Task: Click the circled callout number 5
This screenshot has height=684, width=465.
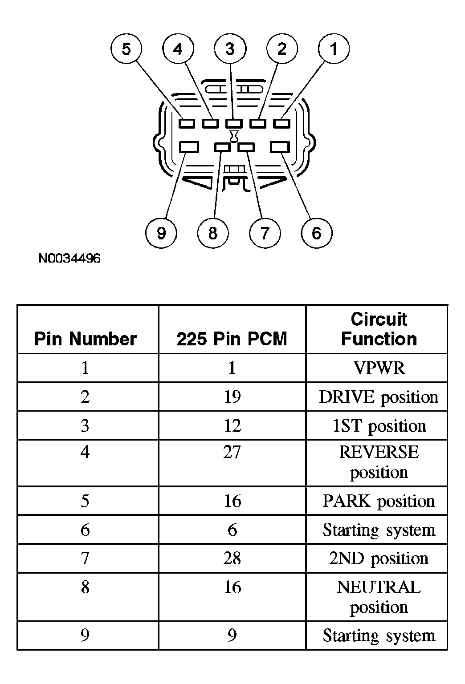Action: point(126,49)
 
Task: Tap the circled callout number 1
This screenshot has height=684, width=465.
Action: point(334,49)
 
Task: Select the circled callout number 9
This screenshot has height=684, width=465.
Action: point(161,233)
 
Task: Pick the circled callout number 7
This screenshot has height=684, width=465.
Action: point(265,233)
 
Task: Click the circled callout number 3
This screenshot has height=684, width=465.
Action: point(230,49)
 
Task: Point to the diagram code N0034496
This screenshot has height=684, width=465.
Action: point(69,258)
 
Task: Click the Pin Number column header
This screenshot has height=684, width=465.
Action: point(86,339)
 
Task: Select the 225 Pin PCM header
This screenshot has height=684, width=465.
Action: point(232,339)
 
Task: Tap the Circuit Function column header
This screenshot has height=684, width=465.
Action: point(379,329)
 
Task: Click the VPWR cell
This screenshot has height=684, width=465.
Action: point(379,368)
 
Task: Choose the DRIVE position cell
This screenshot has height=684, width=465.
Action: point(379,397)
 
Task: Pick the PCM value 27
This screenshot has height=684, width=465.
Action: point(232,452)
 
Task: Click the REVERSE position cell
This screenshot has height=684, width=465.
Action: point(379,462)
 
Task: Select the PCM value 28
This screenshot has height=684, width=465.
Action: point(232,558)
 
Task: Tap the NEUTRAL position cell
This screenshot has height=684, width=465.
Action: point(379,597)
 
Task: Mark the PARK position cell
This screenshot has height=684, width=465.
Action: point(379,502)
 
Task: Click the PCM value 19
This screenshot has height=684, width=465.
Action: point(232,397)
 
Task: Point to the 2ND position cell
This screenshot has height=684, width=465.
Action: point(379,559)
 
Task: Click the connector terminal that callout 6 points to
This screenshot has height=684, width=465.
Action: point(280,147)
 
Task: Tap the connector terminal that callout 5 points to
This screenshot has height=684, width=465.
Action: point(187,124)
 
